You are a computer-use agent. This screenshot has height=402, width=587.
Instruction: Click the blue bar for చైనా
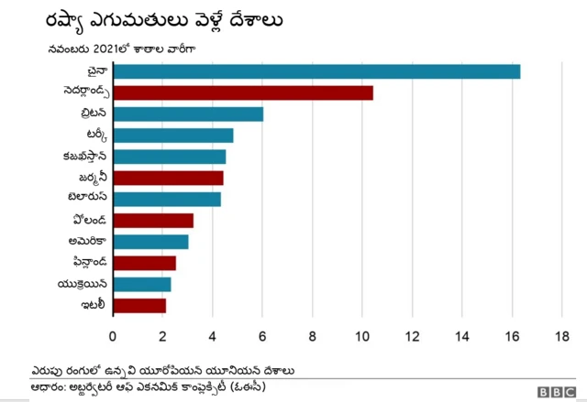click(316, 71)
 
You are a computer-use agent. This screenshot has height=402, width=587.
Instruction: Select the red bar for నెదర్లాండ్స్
click(243, 92)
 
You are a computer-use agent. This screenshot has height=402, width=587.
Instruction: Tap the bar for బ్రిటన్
click(188, 114)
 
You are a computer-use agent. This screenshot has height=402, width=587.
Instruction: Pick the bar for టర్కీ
click(172, 136)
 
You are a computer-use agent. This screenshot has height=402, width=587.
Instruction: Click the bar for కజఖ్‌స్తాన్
click(169, 157)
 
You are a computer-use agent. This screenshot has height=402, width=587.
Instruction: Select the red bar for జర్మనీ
click(168, 178)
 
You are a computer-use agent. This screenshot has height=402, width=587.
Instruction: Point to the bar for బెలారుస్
click(166, 199)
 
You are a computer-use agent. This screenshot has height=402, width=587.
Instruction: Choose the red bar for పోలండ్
click(153, 220)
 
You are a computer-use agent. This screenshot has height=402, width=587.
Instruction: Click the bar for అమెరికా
click(150, 242)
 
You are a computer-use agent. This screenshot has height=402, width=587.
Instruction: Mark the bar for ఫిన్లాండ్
click(144, 263)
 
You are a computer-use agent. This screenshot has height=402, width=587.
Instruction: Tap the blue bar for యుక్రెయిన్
click(141, 284)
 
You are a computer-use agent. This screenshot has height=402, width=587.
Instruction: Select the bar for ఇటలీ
click(139, 305)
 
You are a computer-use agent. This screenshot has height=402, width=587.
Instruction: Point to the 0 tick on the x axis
click(113, 335)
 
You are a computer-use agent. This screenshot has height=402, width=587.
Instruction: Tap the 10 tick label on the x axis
click(361, 335)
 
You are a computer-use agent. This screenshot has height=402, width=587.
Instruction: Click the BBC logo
click(556, 391)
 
